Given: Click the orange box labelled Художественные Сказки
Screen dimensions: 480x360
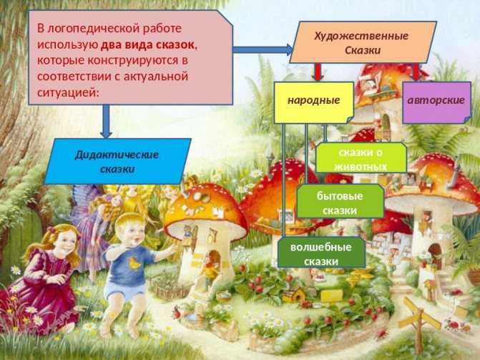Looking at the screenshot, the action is pos(363,42).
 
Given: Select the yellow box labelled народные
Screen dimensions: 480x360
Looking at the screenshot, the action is pos(314,102).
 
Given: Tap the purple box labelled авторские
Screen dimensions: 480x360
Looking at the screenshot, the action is pos(436,102).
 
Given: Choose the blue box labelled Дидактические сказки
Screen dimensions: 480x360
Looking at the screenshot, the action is pos(117,161).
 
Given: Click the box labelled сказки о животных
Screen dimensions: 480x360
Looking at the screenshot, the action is pos(361,158).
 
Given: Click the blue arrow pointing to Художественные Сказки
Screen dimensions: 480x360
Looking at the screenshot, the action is pos(263,49).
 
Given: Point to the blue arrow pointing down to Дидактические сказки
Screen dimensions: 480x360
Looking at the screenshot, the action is pos(106,122).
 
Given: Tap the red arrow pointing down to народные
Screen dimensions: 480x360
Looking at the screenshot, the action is pos(318,72).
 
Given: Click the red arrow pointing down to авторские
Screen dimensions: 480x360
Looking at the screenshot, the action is pos(416,72).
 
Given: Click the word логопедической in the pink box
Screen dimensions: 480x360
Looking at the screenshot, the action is pos(93,29).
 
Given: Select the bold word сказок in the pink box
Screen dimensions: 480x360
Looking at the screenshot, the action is pos(175,45).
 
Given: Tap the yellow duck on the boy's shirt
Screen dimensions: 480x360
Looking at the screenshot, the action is pos(134,263).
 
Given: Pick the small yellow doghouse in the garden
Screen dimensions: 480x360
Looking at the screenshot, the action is pos(294,296).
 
